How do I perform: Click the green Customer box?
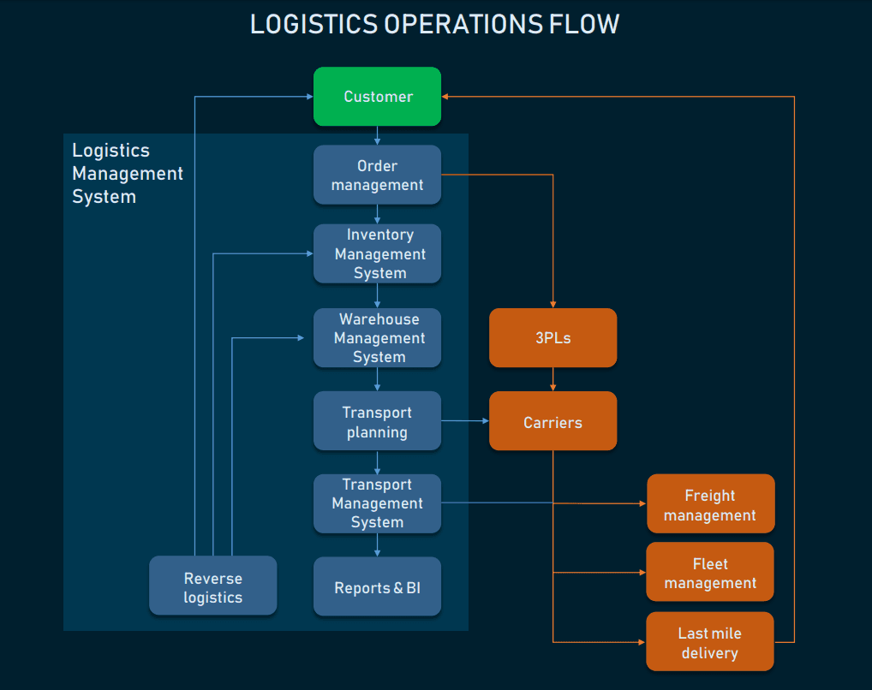(377, 97)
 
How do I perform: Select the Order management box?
(377, 175)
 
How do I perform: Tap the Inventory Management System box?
(377, 253)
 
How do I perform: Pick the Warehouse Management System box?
(377, 337)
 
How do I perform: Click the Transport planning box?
(377, 421)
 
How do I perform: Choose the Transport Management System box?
(377, 503)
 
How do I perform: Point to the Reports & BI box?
(377, 587)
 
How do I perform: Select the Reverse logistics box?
(212, 586)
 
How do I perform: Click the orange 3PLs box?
(552, 337)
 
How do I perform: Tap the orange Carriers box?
(552, 421)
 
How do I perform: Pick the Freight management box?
(710, 504)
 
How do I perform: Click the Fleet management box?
(710, 573)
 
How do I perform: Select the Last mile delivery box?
(710, 642)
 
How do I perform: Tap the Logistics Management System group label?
(127, 173)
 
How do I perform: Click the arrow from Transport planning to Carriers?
(464, 421)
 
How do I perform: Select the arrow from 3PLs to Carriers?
(552, 379)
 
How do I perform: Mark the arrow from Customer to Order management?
(377, 135)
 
